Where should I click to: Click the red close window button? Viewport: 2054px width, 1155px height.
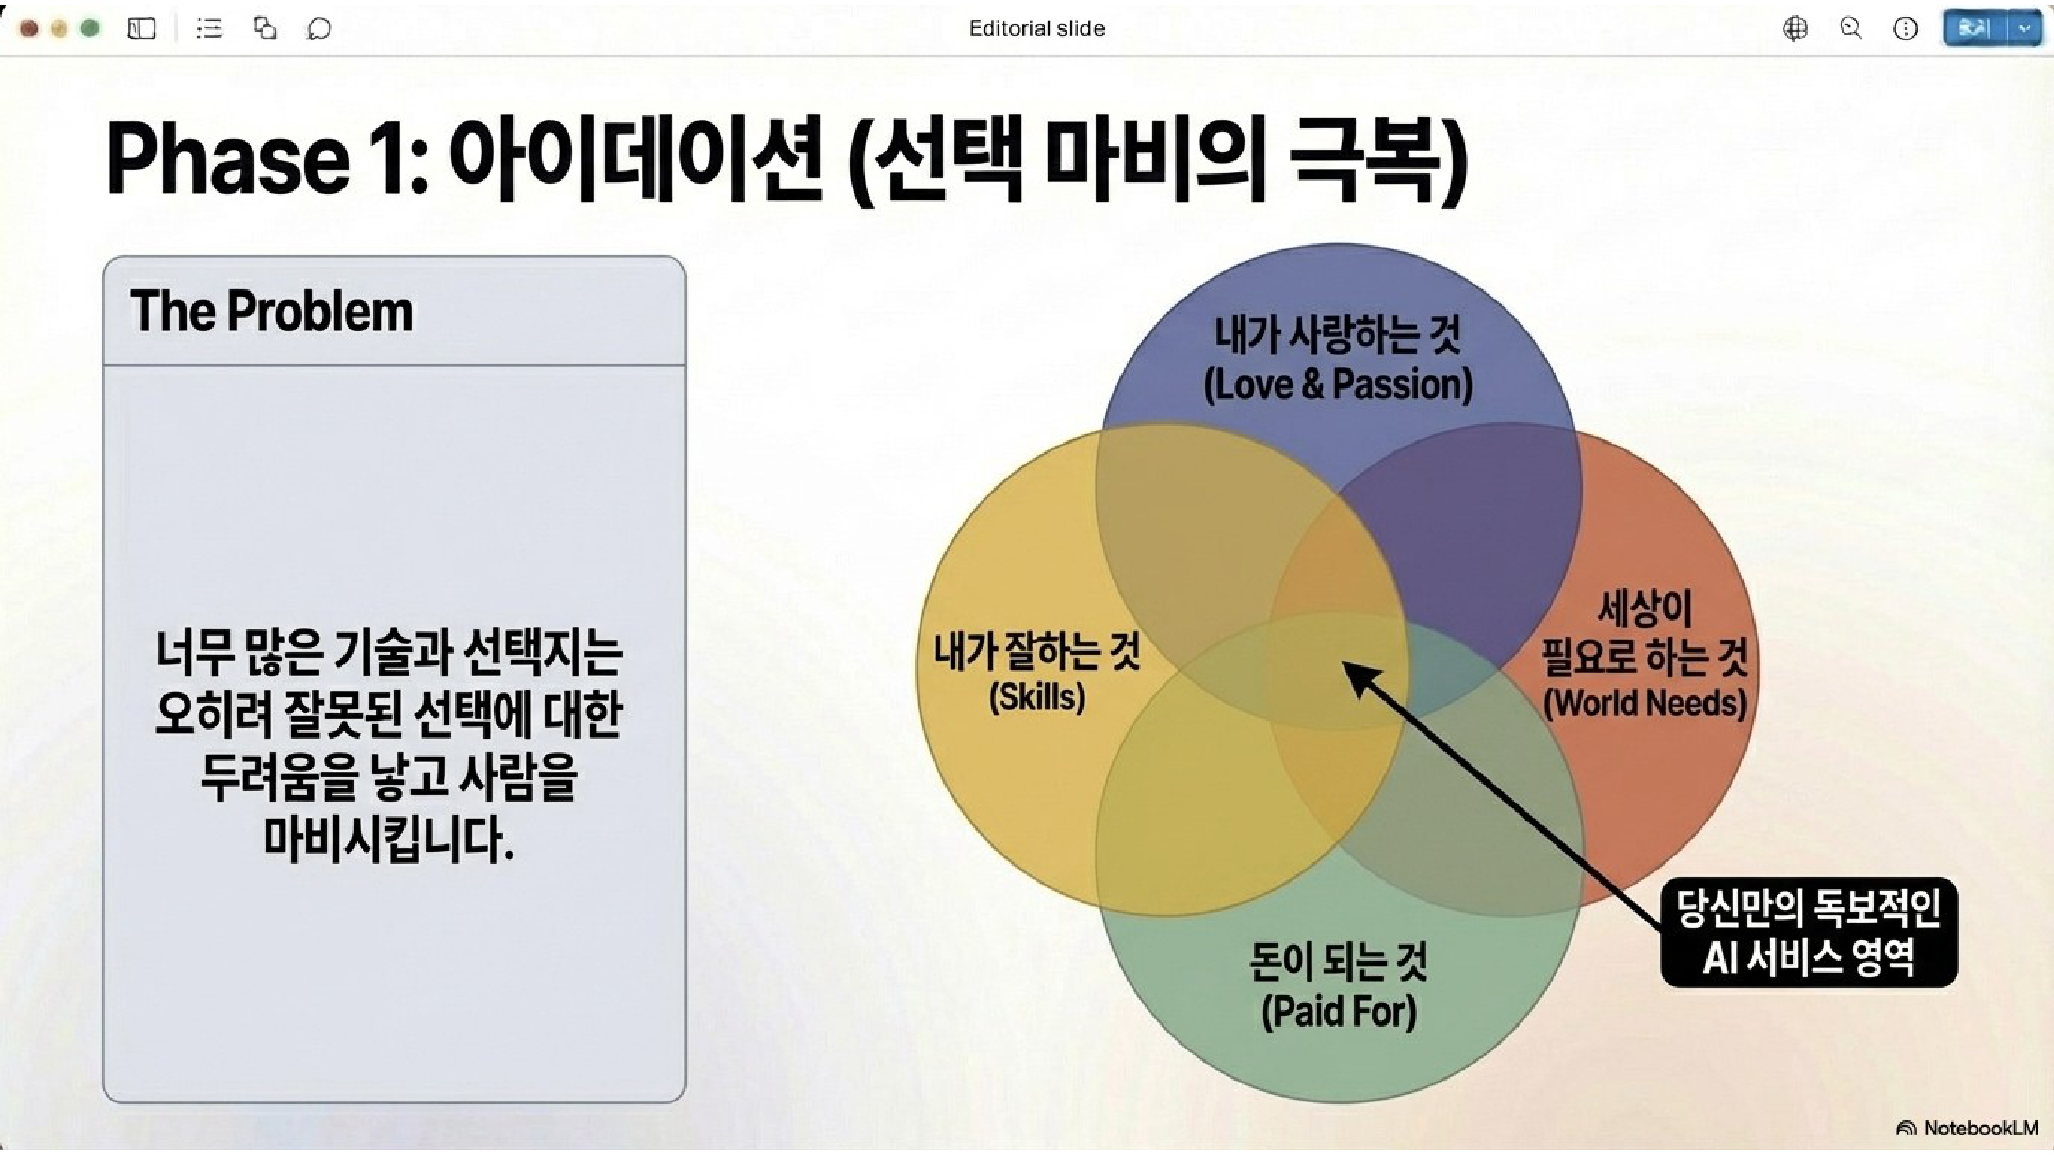click(x=29, y=29)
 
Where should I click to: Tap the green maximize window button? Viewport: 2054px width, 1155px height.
click(x=91, y=29)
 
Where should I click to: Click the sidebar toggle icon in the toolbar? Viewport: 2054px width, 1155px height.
click(x=141, y=29)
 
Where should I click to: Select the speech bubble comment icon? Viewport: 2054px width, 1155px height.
click(x=319, y=29)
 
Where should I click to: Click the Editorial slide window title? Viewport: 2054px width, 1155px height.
click(x=1037, y=29)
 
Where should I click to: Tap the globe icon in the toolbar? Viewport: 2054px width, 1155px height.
click(x=1795, y=29)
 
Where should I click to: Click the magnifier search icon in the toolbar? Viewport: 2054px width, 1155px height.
click(x=1851, y=29)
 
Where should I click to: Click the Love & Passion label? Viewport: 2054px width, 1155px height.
click(x=1337, y=384)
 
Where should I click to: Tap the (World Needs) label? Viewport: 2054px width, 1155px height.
click(x=1645, y=703)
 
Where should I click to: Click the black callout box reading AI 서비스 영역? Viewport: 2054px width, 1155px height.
click(x=1809, y=933)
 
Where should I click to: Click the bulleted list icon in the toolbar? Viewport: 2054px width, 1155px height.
click(x=210, y=29)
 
